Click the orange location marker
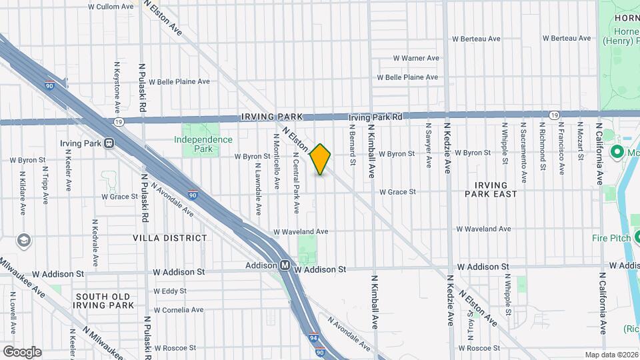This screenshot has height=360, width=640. point(321,159)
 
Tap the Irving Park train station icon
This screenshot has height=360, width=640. point(107,143)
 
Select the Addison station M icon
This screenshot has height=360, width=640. point(285,265)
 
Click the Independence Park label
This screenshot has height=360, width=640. point(203,144)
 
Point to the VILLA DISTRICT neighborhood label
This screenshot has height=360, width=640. point(169,238)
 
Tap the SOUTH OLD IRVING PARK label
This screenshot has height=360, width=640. point(103,301)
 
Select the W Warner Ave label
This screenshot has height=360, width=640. point(416,58)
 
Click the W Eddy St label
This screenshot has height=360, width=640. point(169,291)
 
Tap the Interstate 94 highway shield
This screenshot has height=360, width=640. point(313,338)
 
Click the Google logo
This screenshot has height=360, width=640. point(22,351)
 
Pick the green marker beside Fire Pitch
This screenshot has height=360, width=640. point(636,236)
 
